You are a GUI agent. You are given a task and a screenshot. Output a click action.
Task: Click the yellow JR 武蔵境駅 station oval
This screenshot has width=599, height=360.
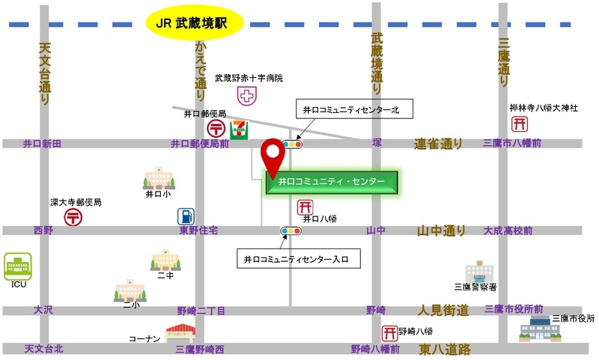[194, 22]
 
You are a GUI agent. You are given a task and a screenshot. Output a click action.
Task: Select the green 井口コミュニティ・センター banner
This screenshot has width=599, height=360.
[332, 181]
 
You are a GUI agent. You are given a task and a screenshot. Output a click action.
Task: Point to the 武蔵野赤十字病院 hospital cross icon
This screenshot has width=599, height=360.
[246, 95]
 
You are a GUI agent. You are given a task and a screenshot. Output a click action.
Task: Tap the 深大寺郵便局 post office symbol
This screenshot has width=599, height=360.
[73, 217]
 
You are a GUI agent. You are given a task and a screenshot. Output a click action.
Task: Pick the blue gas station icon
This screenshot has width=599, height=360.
[186, 216]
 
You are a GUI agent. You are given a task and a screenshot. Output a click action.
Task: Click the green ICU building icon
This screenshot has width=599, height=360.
[16, 266]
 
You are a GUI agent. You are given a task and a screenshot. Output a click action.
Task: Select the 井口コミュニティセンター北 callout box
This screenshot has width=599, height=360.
[351, 109]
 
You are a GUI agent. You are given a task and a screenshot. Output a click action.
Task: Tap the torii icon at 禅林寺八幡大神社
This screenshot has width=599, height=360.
[518, 124]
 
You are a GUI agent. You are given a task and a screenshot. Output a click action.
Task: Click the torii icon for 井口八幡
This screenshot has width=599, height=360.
[305, 207]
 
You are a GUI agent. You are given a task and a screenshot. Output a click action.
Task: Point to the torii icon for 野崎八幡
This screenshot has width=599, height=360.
[389, 332]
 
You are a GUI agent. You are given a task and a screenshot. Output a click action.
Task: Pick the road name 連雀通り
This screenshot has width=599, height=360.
[439, 143]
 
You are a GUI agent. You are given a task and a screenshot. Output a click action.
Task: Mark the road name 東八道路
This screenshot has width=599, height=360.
[445, 349]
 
